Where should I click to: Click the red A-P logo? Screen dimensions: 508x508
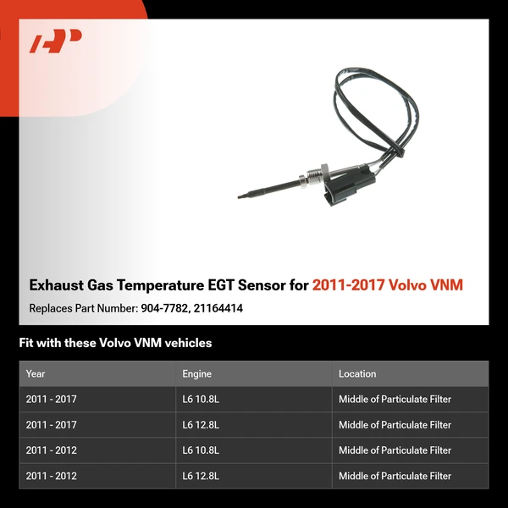[55, 41]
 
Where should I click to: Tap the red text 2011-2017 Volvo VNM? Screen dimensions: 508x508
[388, 285]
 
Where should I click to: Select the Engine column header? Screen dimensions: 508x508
[197, 373]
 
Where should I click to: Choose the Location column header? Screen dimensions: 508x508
[357, 373]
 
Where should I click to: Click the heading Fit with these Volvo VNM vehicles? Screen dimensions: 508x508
[115, 343]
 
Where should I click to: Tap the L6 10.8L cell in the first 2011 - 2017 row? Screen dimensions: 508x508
[201, 400]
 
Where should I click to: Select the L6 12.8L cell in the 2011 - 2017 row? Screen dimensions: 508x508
[201, 425]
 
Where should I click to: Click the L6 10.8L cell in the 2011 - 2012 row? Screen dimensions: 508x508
[201, 450]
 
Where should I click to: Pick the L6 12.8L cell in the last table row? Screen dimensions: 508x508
[201, 476]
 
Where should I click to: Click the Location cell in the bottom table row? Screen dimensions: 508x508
[395, 476]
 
